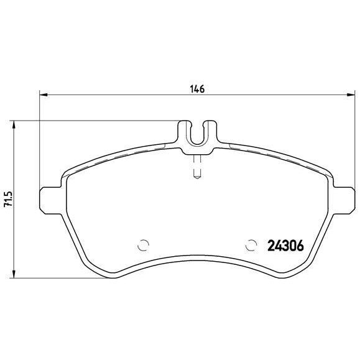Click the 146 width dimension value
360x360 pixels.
(197, 89)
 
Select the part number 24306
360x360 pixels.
(285, 245)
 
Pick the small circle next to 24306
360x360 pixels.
(252, 244)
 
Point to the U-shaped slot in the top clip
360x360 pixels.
(197, 132)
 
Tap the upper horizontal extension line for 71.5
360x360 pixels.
(93, 120)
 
